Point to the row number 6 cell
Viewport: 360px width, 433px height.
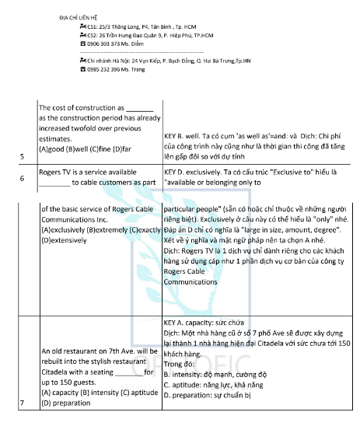[x=22, y=178]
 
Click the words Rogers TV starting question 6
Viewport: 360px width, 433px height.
[x=58, y=173]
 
